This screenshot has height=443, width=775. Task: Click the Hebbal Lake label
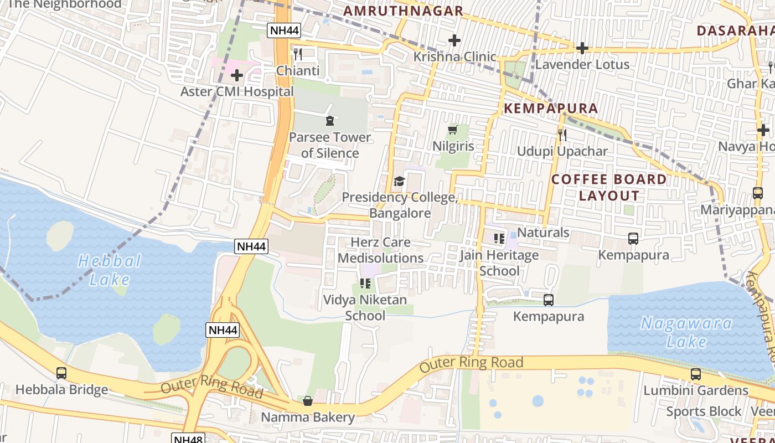tap(110, 270)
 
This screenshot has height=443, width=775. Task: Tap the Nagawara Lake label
tap(686, 332)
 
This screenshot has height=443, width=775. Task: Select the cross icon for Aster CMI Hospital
tap(237, 75)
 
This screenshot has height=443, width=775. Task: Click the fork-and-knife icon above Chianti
tap(298, 54)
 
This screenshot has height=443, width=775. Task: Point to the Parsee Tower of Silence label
tap(330, 145)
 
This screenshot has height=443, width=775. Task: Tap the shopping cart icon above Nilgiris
tap(453, 130)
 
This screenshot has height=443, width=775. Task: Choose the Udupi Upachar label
tap(562, 151)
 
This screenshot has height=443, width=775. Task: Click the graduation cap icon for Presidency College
tap(399, 181)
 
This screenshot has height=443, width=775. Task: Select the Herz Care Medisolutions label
tap(381, 250)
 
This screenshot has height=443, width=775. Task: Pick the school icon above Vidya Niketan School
tap(365, 284)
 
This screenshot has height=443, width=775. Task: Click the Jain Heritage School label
tap(499, 263)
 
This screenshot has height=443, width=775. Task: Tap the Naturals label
tap(543, 233)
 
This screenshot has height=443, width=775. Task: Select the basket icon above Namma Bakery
tap(308, 400)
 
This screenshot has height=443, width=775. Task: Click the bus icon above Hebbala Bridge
tap(61, 373)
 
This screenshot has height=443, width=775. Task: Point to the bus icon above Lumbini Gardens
tap(696, 374)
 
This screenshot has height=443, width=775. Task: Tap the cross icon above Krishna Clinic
tap(454, 40)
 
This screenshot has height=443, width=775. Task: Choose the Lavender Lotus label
tap(582, 64)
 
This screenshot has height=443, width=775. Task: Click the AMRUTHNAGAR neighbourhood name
tap(403, 11)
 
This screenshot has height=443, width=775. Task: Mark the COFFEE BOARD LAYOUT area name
tap(609, 187)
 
